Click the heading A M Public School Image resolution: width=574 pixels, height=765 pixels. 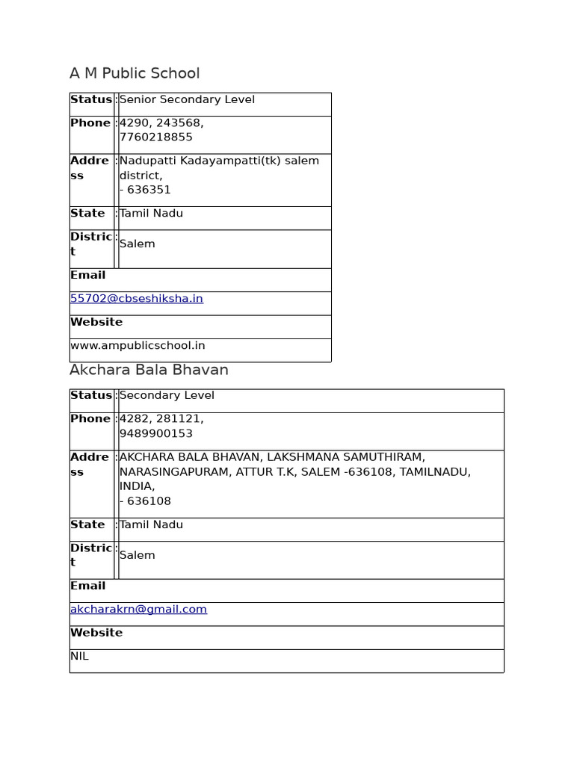click(135, 73)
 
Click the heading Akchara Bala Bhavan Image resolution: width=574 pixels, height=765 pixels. click(149, 370)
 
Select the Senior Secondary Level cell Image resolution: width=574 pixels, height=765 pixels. click(187, 100)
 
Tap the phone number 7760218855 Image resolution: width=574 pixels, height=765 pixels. click(155, 137)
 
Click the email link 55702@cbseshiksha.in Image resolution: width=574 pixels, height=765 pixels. click(136, 299)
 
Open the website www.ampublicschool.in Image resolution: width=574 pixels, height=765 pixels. click(138, 346)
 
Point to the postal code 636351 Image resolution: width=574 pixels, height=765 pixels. click(149, 190)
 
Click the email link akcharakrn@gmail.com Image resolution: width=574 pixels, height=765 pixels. click(138, 610)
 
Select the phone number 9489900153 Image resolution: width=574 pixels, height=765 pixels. click(155, 434)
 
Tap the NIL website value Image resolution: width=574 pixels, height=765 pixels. click(79, 657)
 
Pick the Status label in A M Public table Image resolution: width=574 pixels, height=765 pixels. click(90, 100)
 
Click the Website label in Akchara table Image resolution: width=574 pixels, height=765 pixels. click(96, 633)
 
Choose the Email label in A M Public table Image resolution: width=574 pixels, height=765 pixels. click(87, 275)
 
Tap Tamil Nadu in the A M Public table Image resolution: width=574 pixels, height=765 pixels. click(151, 214)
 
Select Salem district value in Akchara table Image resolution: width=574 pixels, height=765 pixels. click(137, 556)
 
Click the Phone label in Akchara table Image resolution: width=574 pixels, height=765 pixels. click(90, 419)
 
